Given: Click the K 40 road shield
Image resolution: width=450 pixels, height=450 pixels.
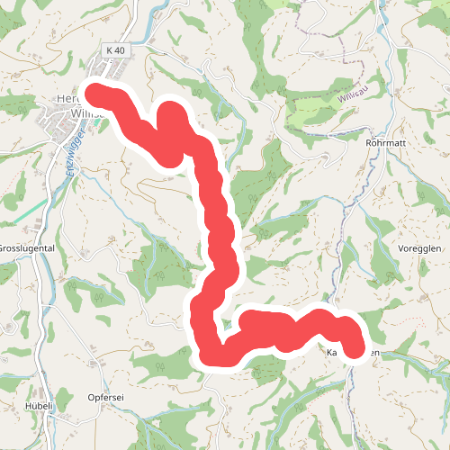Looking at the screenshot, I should point(114,49).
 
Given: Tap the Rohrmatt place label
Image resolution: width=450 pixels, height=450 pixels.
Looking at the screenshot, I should point(388,142).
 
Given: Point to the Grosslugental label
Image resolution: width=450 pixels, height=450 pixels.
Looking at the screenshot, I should point(27,247).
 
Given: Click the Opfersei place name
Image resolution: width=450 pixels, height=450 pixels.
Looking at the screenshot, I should point(105,398).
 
